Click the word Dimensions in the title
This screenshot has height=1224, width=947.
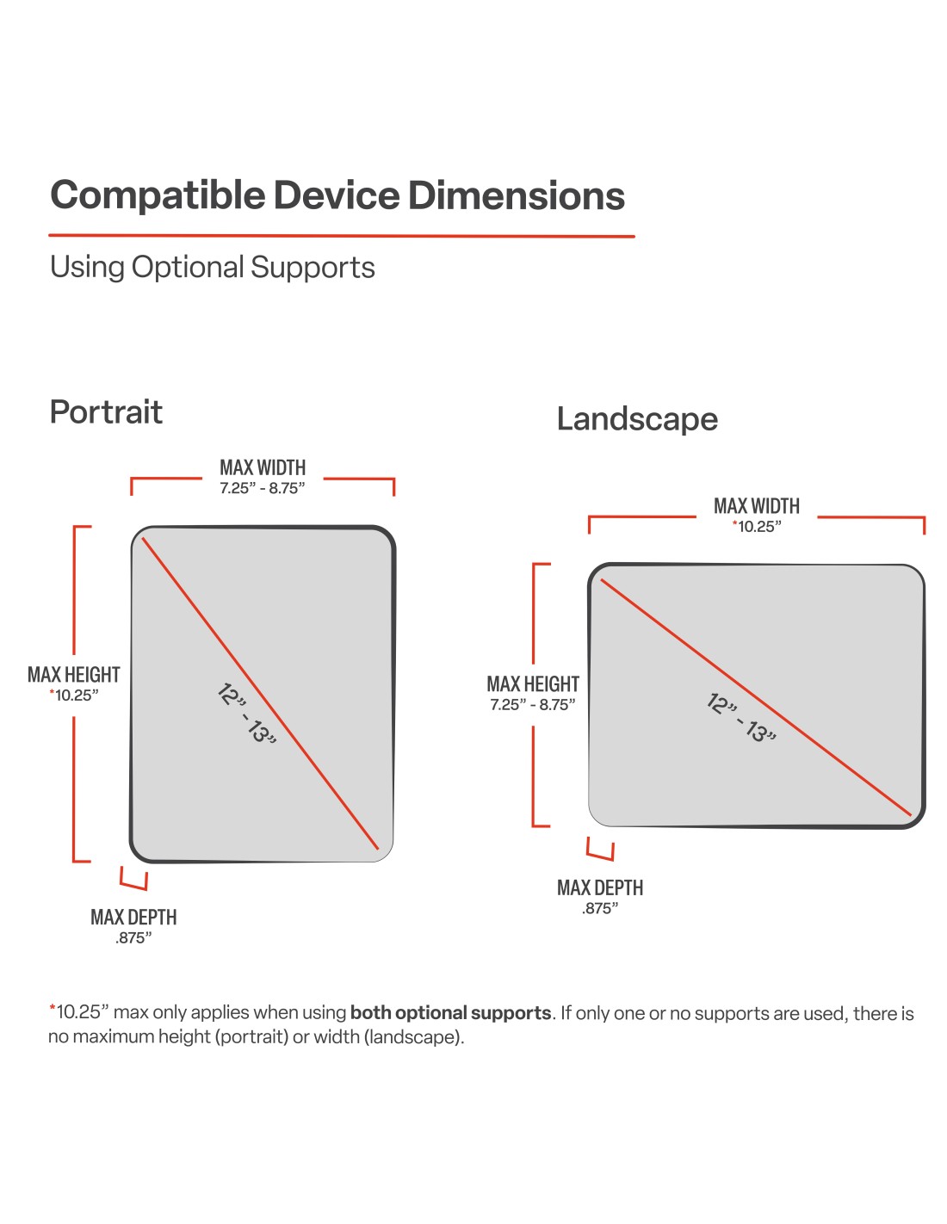click(x=516, y=196)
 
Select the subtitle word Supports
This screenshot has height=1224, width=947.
click(x=313, y=268)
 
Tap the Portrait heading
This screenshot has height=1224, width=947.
click(x=106, y=412)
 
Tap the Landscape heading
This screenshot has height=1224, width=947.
click(x=637, y=419)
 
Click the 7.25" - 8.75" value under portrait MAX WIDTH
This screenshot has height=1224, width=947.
click(x=262, y=489)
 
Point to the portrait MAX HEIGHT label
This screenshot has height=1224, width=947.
click(x=73, y=675)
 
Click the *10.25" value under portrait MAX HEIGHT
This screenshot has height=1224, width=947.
click(x=74, y=695)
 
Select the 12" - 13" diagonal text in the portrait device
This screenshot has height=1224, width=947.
click(x=245, y=714)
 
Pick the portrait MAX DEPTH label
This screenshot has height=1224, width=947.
click(x=133, y=918)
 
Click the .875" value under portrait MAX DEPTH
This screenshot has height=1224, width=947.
click(x=133, y=938)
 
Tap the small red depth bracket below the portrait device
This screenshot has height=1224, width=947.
click(x=133, y=879)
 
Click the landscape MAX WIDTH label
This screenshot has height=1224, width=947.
click(x=757, y=506)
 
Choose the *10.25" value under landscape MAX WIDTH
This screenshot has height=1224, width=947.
click(x=757, y=527)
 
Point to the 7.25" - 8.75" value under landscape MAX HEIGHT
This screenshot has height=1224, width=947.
click(x=533, y=705)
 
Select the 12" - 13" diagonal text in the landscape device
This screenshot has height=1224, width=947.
click(x=741, y=718)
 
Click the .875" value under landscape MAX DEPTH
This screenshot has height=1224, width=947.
click(x=600, y=909)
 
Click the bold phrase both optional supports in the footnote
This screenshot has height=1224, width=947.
click(x=450, y=1013)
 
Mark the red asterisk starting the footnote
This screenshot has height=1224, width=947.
click(x=52, y=1009)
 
